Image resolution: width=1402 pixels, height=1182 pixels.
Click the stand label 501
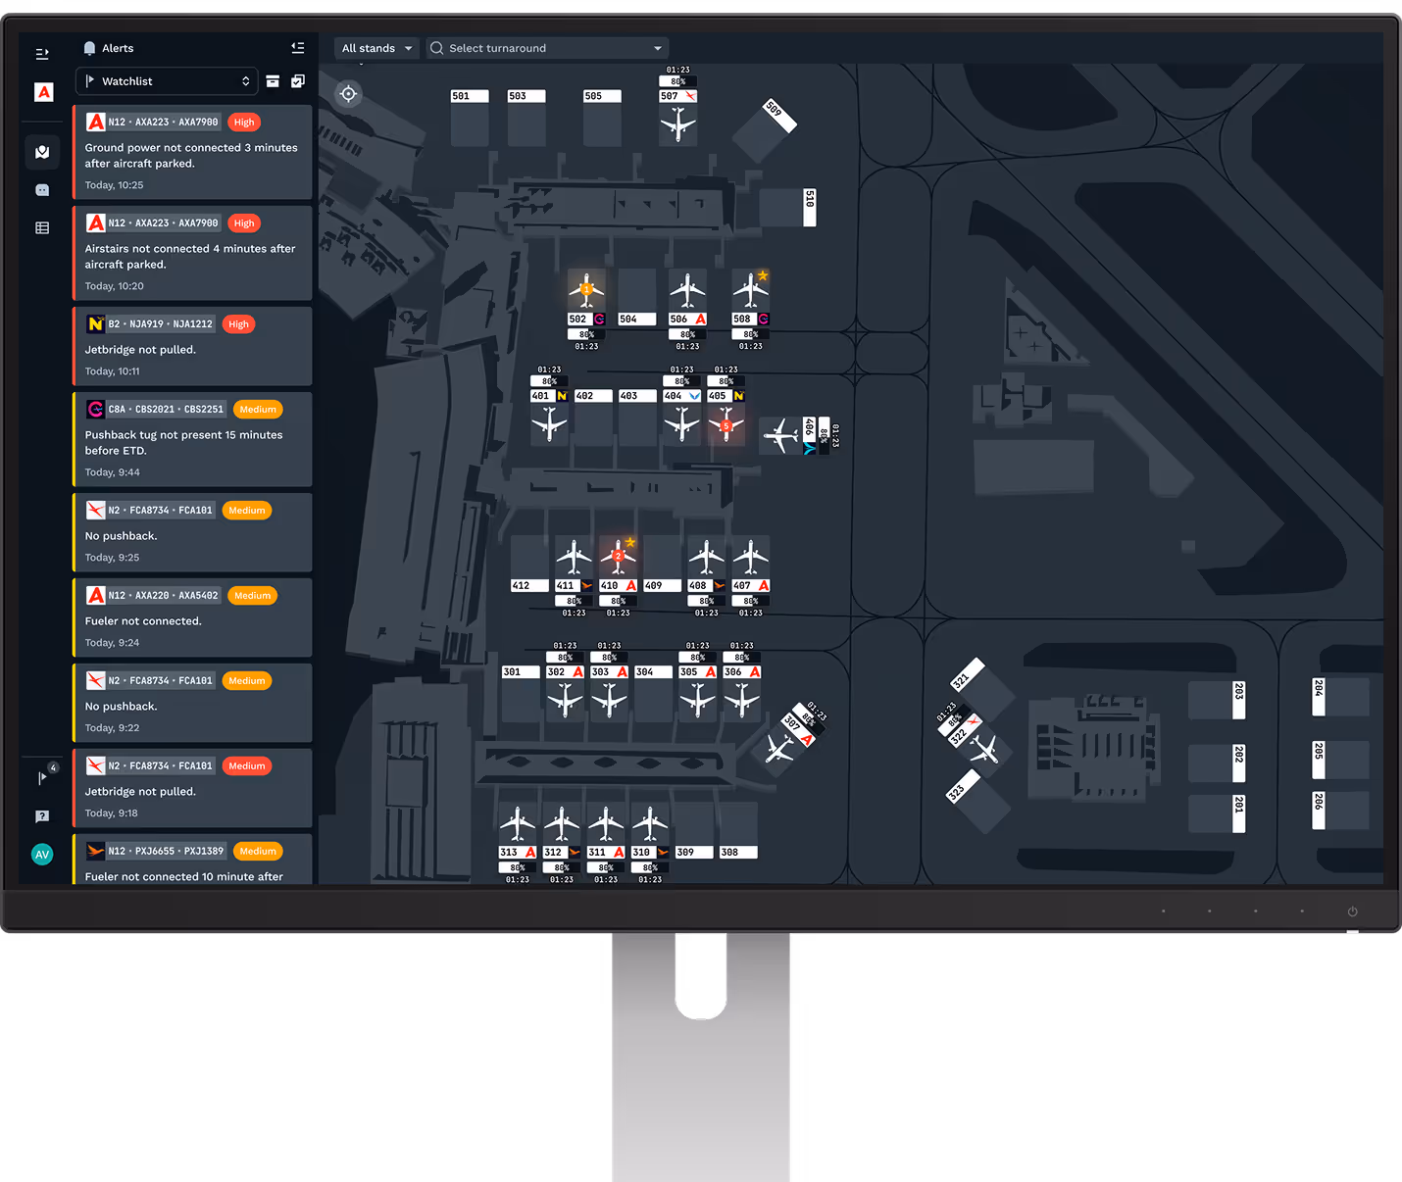click(x=469, y=96)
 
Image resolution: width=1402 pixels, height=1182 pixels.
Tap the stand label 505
click(x=601, y=96)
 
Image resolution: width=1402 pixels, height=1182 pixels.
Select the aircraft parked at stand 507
click(x=677, y=124)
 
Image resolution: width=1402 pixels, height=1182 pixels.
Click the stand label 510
click(x=810, y=207)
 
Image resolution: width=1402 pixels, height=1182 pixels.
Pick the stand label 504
click(x=636, y=320)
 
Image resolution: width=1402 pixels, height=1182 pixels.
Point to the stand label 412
click(x=528, y=586)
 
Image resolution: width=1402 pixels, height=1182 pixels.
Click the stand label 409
click(x=662, y=586)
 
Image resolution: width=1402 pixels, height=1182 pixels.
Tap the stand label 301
click(x=520, y=672)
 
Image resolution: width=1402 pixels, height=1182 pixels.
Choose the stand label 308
click(x=737, y=853)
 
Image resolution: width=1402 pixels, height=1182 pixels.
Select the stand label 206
click(x=1319, y=810)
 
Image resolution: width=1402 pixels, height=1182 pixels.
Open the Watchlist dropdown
click(x=167, y=81)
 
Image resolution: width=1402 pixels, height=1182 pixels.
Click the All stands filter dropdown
click(x=376, y=48)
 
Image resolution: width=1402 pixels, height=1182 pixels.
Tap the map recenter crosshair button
click(x=348, y=94)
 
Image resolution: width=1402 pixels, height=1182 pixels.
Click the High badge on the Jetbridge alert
click(x=238, y=324)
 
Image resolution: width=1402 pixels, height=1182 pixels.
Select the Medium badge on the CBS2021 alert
click(x=258, y=410)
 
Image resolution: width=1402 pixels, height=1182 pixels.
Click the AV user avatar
click(x=42, y=855)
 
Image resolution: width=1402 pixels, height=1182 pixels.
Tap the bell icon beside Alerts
click(x=89, y=48)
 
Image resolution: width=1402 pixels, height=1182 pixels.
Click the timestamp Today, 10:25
click(x=115, y=185)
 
